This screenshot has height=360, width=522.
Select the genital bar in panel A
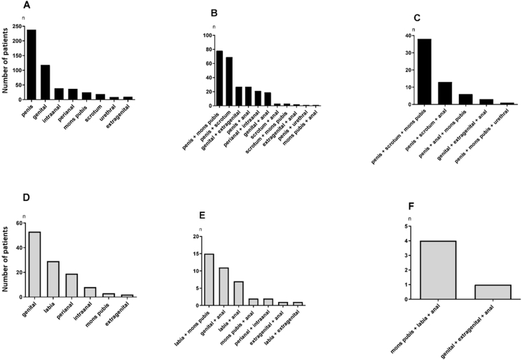coord(46,85)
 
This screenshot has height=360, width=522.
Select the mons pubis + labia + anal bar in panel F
coord(438,270)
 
